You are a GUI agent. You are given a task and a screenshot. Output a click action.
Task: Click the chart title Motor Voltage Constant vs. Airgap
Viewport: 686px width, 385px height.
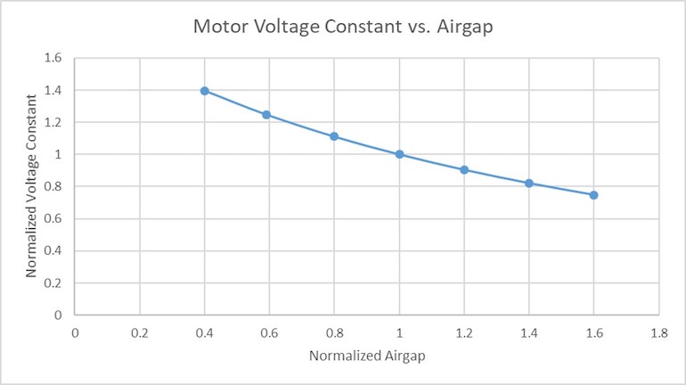coord(343,27)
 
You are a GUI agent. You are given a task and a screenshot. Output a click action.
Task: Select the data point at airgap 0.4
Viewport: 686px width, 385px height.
coord(204,91)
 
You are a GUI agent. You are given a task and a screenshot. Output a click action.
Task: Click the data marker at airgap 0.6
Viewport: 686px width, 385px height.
coord(266,115)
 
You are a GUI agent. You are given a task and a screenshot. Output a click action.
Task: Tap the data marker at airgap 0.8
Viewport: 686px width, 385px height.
coord(334,136)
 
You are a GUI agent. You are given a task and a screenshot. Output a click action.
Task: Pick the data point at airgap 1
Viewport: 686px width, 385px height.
coord(399,154)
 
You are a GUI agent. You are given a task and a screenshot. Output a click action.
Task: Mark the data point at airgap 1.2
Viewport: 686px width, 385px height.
coord(464,169)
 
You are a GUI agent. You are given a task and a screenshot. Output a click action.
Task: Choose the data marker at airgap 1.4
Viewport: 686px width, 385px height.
coord(529,184)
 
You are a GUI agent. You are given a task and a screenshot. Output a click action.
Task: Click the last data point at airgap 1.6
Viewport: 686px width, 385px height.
coord(593,195)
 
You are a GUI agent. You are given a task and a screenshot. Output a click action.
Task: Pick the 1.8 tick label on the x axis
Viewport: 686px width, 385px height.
coord(658,332)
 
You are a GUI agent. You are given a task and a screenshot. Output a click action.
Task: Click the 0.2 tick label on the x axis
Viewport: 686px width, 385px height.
coord(139,332)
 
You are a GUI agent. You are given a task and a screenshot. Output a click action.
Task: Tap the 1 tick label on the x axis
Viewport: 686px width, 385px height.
coord(399,332)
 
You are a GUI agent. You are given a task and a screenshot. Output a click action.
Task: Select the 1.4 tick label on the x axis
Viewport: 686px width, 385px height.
coord(528,332)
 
